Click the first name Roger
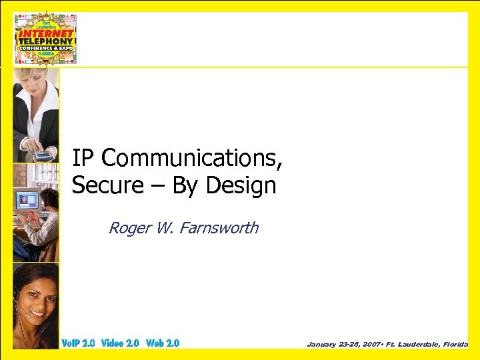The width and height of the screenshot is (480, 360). (x=127, y=228)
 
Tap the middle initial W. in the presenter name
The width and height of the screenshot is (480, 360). (x=163, y=228)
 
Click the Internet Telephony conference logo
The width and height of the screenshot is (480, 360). (x=46, y=38)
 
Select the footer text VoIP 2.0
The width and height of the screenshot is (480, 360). (x=78, y=343)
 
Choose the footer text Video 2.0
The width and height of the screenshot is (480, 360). (x=120, y=343)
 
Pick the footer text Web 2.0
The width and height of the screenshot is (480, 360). (x=163, y=343)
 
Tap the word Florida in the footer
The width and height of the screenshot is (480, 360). (x=453, y=344)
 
